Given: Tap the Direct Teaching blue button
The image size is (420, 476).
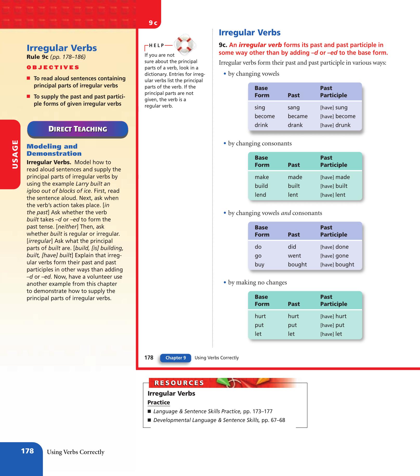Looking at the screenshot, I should [x=78, y=129].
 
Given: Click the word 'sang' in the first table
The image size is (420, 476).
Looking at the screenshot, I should [x=293, y=107].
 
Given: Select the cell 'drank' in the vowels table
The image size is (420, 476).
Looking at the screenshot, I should [x=295, y=125].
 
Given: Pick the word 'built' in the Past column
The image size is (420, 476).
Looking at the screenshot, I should [x=294, y=186].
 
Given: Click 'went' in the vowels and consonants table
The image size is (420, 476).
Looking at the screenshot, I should [x=294, y=256].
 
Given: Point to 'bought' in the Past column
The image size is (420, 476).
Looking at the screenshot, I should [x=297, y=265].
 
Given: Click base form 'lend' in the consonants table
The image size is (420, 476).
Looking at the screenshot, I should [x=260, y=195].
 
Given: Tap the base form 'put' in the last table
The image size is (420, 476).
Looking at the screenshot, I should [x=259, y=325].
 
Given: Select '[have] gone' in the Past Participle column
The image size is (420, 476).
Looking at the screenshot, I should [x=334, y=256].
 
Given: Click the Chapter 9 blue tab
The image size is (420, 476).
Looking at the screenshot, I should [x=176, y=358].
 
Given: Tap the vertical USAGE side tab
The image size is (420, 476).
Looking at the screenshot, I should [x=15, y=154].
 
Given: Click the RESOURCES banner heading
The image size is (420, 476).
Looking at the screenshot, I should [x=179, y=383].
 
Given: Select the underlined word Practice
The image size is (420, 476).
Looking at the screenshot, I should [x=159, y=402].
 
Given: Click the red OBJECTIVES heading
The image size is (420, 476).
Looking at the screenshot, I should [x=53, y=67].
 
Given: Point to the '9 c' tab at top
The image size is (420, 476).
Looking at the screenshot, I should [x=153, y=23].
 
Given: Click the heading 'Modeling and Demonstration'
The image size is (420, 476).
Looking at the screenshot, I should [x=54, y=150].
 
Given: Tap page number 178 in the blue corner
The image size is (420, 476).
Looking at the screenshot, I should [x=28, y=451].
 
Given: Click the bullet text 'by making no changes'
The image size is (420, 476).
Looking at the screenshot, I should [x=257, y=282].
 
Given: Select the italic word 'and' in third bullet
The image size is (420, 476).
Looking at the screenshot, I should [x=286, y=213].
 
